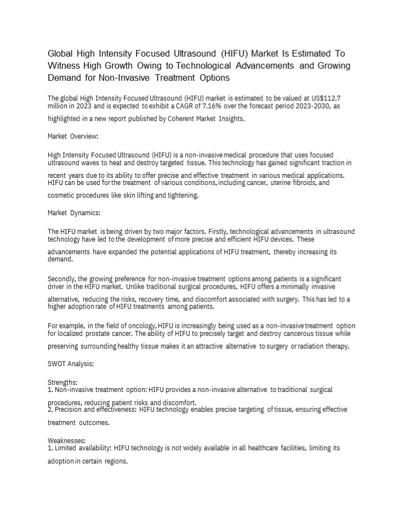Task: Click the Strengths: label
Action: pos(62,382)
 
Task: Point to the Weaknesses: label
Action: pos(67,440)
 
